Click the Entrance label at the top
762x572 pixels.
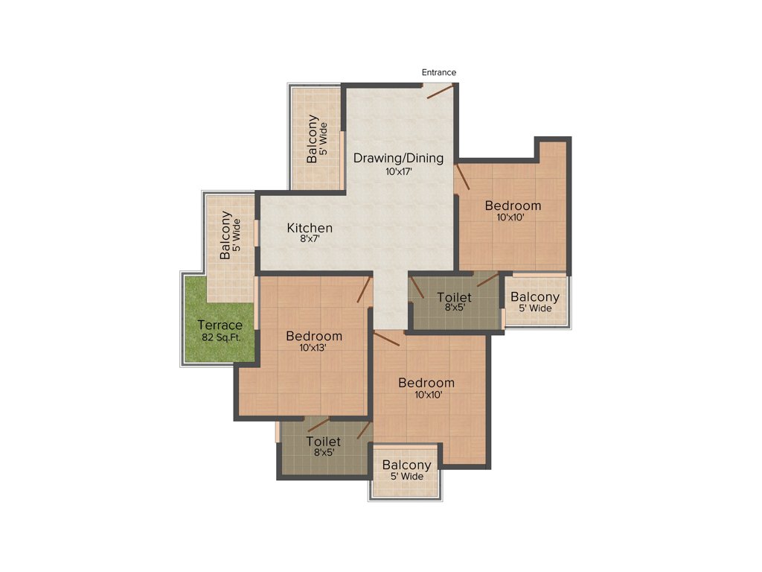pyautogui.click(x=439, y=72)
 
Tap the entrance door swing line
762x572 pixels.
pyautogui.click(x=439, y=92)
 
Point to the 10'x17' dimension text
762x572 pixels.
pyautogui.click(x=398, y=171)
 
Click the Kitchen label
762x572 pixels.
pyautogui.click(x=310, y=228)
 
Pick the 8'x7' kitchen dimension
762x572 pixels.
pyautogui.click(x=310, y=240)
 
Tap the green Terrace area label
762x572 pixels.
pyautogui.click(x=220, y=325)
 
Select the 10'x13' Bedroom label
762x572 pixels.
pyautogui.click(x=314, y=336)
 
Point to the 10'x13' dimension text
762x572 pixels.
pyautogui.click(x=313, y=348)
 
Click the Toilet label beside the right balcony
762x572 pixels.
pyautogui.click(x=454, y=298)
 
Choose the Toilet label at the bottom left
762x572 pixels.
pyautogui.click(x=324, y=442)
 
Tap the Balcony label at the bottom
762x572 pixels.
pyautogui.click(x=406, y=465)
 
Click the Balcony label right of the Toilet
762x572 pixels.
pyautogui.click(x=535, y=297)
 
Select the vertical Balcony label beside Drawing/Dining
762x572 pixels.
pyautogui.click(x=313, y=139)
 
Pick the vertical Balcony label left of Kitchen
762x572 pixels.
pyautogui.click(x=225, y=235)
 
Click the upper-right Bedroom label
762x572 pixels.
pyautogui.click(x=513, y=206)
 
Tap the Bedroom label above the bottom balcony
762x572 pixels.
pyautogui.click(x=426, y=383)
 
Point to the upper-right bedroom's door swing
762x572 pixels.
pyautogui.click(x=462, y=177)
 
